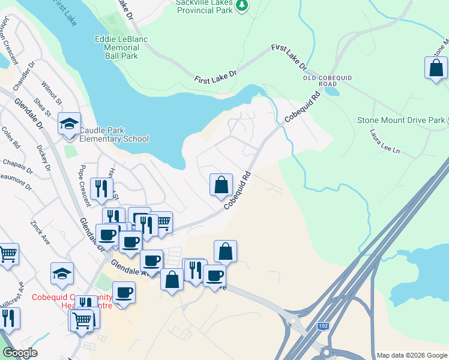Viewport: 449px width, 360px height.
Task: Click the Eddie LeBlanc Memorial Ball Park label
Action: tap(121, 47)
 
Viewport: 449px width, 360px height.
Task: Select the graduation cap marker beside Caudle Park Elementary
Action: tap(69, 125)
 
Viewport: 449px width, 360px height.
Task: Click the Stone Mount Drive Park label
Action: tap(401, 120)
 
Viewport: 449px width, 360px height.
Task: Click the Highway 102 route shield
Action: tap(324, 326)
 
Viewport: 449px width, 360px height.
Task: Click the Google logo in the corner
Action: tap(20, 353)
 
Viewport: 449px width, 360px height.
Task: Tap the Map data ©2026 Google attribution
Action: tap(411, 355)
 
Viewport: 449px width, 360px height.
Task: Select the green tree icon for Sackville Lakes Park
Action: tap(241, 5)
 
